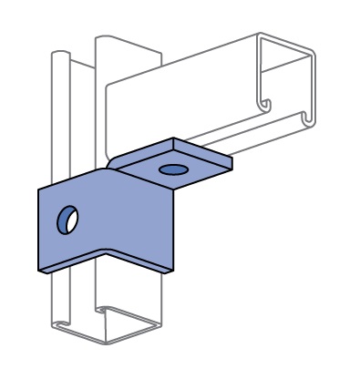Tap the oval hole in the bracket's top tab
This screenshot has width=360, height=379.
pyautogui.click(x=170, y=169)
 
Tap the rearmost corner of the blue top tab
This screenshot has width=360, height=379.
pyautogui.click(x=175, y=138)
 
